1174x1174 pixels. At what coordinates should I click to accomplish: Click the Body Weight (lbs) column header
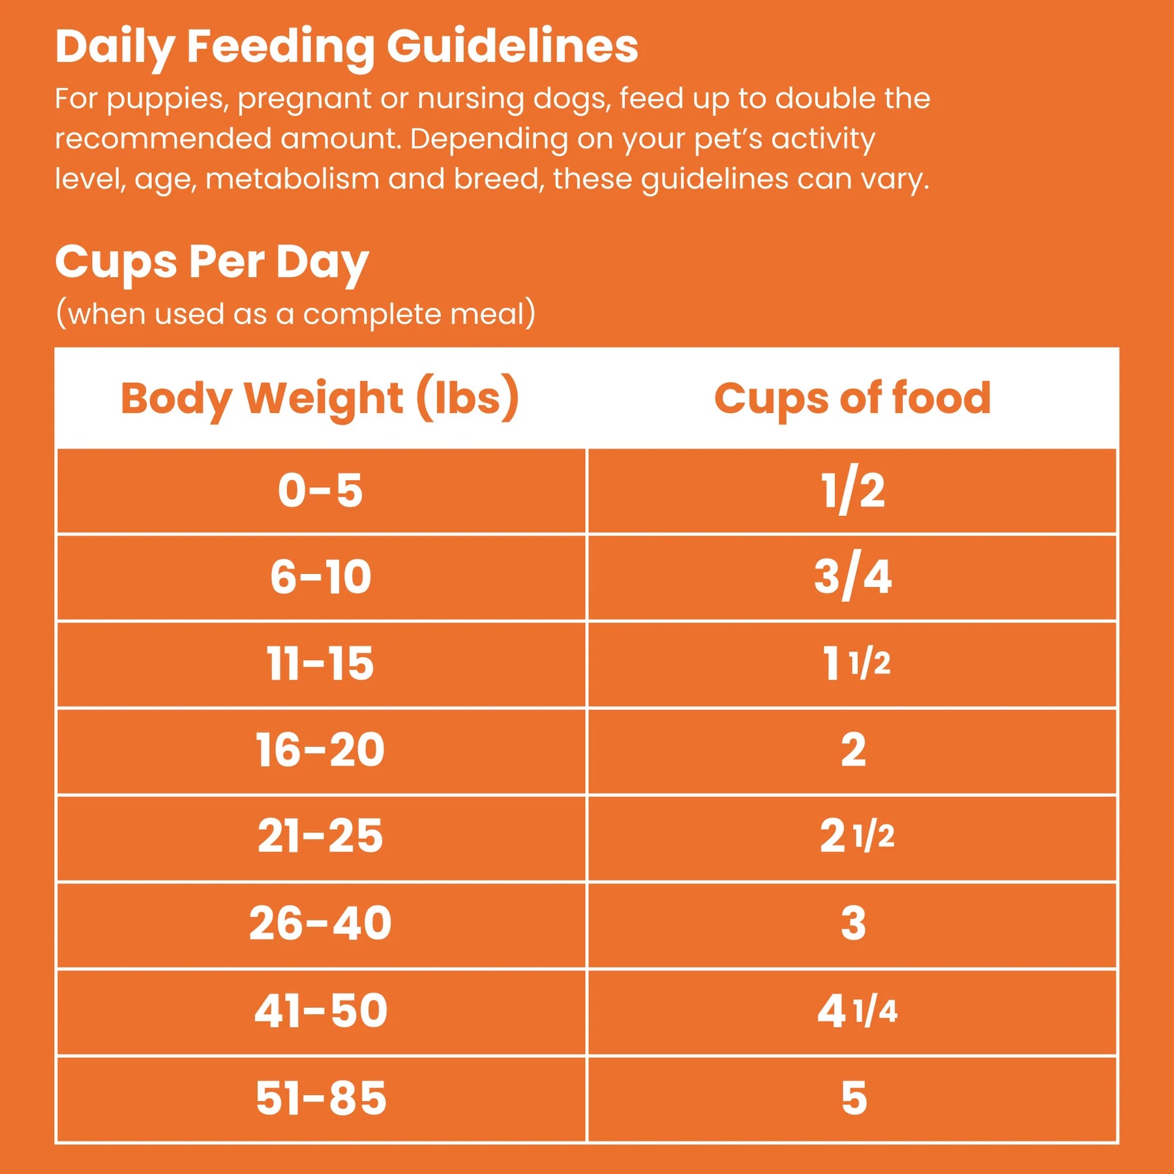(320, 398)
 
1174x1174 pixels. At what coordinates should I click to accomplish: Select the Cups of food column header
(852, 398)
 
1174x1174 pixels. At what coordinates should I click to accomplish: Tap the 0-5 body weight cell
(320, 490)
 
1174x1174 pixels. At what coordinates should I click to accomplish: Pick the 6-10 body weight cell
(320, 577)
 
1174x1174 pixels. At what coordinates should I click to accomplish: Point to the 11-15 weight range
(320, 664)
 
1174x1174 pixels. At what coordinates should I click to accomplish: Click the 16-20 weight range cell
(320, 750)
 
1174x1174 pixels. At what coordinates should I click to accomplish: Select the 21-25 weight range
(320, 836)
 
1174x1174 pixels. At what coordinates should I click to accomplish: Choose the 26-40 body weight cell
(320, 924)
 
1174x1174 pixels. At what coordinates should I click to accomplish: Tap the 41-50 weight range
(320, 1011)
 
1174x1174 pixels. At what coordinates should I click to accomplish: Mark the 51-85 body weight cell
(320, 1098)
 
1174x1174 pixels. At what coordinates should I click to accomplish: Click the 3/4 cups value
(852, 577)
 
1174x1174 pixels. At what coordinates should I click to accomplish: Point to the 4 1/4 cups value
(856, 1011)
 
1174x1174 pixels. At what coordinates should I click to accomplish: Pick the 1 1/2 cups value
(856, 664)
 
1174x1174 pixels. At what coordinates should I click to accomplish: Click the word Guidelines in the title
(512, 47)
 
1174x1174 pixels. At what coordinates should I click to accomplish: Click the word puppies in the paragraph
(167, 99)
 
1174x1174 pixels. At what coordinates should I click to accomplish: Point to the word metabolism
(292, 179)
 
